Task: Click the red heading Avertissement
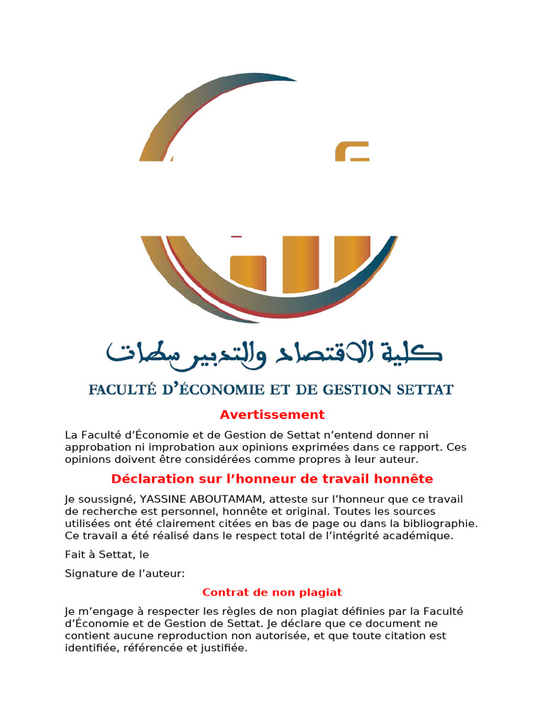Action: tap(272, 415)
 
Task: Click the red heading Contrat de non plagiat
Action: tap(272, 592)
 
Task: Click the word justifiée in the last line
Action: tap(224, 648)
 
